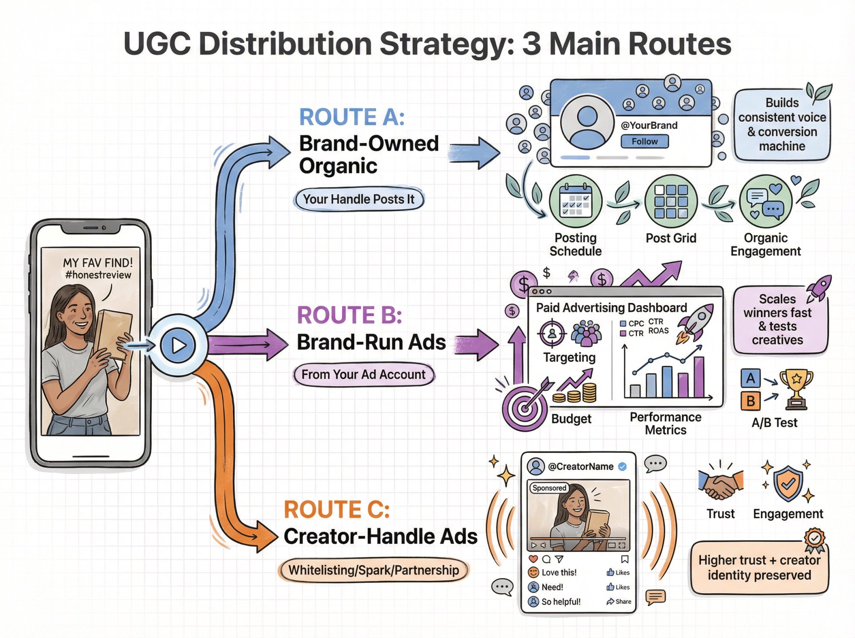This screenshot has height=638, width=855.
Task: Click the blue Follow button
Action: click(644, 141)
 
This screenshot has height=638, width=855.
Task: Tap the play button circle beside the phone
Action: click(178, 345)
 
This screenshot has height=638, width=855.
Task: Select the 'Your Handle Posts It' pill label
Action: click(359, 199)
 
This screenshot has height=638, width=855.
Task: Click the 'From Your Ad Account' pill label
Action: click(363, 375)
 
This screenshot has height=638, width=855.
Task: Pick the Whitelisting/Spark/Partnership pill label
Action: click(374, 570)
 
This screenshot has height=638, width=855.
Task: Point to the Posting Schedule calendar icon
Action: click(575, 201)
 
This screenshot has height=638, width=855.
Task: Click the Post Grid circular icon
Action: click(671, 201)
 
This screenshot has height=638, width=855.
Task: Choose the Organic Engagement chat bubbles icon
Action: click(765, 201)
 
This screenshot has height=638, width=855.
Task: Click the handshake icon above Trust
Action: click(721, 485)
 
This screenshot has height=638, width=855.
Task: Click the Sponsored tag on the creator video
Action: click(549, 488)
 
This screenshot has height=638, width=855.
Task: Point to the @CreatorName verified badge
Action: click(623, 467)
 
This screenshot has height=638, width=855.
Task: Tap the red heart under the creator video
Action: click(533, 559)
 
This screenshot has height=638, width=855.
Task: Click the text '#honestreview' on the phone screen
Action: click(98, 275)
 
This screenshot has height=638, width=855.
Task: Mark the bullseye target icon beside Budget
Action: click(525, 408)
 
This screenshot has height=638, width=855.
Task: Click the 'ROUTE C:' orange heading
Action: click(337, 509)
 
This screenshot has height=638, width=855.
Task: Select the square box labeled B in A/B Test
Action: click(751, 401)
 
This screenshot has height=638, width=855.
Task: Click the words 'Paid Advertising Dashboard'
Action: click(611, 308)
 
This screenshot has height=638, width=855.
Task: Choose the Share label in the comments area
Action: click(623, 602)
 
